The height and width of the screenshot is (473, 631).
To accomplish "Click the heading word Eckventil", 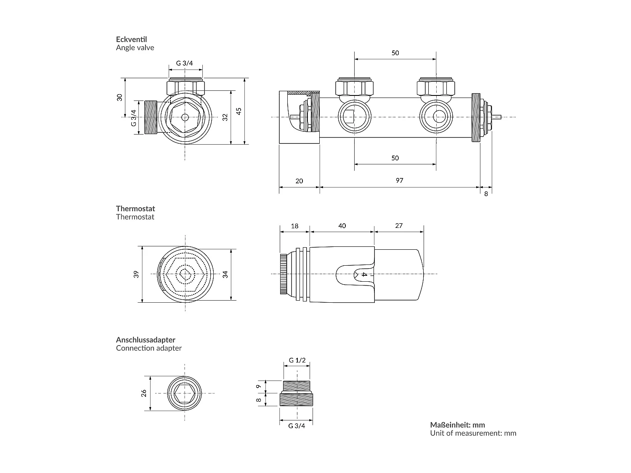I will click(131, 40).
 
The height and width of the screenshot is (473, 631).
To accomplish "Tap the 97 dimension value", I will click(399, 180).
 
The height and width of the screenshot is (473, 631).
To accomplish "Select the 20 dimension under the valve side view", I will click(299, 181).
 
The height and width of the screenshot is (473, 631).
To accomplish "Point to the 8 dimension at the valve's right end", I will click(486, 194).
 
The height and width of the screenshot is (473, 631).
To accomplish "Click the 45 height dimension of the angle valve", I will click(239, 111).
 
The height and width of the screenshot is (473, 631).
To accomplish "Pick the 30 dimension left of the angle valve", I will click(120, 97).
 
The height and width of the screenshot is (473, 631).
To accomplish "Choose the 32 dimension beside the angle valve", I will click(225, 117).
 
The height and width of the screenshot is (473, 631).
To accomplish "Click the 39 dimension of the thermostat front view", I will click(136, 274).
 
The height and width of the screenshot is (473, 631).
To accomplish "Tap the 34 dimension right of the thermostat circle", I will click(225, 274).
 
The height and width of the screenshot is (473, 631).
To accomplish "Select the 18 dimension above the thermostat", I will click(294, 226).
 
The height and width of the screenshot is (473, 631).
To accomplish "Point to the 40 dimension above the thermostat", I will click(342, 226).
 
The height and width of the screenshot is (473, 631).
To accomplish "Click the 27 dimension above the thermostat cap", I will click(399, 225).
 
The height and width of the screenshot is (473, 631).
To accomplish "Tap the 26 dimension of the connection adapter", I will click(144, 393).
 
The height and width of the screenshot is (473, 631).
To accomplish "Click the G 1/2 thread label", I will click(297, 360).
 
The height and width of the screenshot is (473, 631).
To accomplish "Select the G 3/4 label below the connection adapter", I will click(297, 425).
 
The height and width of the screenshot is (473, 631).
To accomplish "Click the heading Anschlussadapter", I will click(146, 340).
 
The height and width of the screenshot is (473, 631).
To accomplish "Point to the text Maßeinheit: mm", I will click(457, 425).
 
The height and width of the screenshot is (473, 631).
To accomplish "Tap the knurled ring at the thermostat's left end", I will click(283, 274).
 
